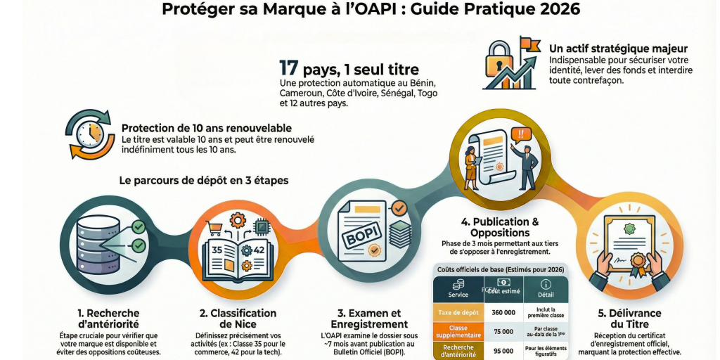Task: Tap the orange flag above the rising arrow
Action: coord(529,45)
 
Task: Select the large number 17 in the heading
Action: coord(289,69)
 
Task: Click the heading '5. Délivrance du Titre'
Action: coord(621,319)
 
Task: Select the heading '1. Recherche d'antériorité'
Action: coord(109,319)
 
